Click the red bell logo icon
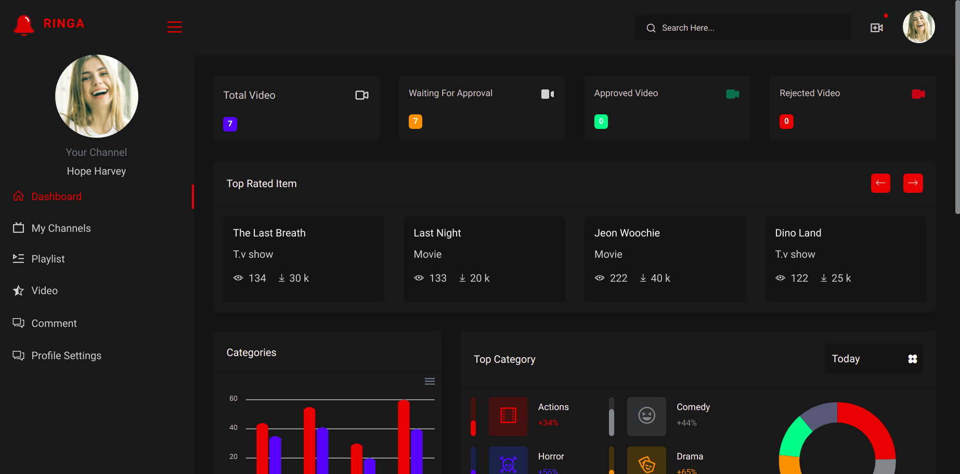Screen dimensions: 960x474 (24, 25)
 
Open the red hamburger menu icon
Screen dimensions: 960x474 (175, 27)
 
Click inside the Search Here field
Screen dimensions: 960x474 (743, 28)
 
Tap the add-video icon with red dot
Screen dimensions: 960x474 (877, 28)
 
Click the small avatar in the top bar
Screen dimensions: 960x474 (919, 27)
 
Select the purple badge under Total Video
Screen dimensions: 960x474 (230, 124)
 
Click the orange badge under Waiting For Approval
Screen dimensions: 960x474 (416, 122)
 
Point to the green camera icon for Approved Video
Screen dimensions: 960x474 (733, 94)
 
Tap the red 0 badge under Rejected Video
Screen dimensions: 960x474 (786, 122)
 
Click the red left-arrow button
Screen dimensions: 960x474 (880, 183)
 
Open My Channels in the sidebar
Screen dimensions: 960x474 (61, 228)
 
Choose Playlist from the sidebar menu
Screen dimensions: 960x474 (48, 259)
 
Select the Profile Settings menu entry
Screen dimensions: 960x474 (66, 355)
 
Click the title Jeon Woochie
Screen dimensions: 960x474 (627, 233)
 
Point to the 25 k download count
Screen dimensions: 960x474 (841, 278)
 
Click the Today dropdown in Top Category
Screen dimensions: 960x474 (874, 359)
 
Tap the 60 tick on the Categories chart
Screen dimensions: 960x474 (233, 399)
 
